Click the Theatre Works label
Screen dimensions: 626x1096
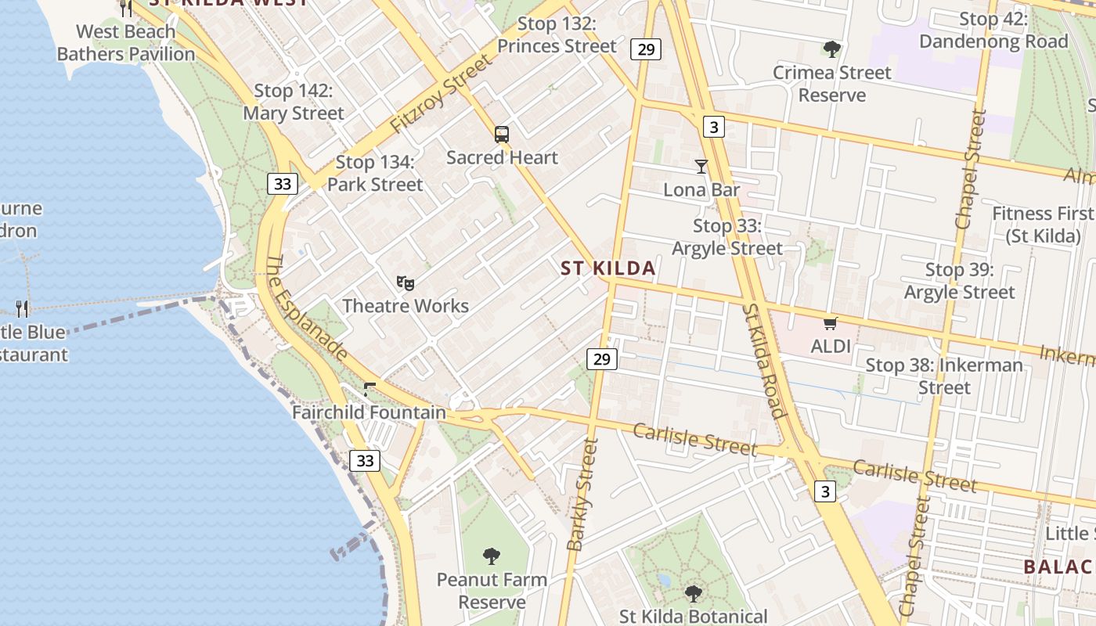tap(406, 306)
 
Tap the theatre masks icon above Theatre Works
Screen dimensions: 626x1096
tap(405, 282)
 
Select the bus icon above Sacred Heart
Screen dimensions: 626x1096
tap(502, 135)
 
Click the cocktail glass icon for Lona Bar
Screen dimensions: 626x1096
tap(701, 167)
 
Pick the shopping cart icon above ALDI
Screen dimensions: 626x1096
tap(831, 323)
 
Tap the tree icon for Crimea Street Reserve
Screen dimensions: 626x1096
tap(832, 49)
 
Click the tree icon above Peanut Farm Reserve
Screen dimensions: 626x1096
tap(492, 556)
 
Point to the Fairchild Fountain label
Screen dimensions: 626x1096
tap(369, 412)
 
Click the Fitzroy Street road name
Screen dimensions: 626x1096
tap(442, 94)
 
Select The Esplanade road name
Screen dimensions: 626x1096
tap(307, 308)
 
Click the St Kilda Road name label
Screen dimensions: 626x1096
tap(764, 360)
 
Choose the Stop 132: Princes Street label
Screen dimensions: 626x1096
tap(557, 35)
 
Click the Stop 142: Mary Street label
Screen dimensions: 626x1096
tap(293, 103)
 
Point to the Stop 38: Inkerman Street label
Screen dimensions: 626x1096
tap(944, 376)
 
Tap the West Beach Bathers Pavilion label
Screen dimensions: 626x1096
tap(126, 43)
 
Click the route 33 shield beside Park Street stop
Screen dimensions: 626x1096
tap(283, 184)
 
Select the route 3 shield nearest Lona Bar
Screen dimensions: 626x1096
tap(712, 126)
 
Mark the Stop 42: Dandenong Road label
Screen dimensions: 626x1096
tap(993, 31)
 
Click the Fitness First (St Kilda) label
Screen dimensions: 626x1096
tap(1042, 225)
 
